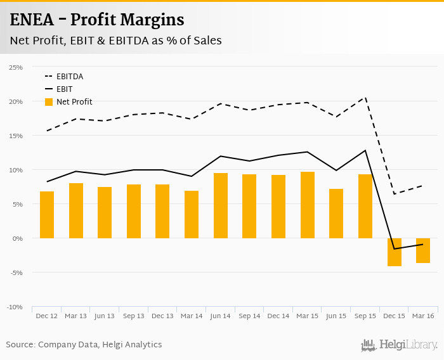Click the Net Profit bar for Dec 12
[x=47, y=215]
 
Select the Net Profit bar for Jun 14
[x=221, y=206]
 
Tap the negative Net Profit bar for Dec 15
[x=395, y=252]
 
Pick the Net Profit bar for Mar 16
[x=423, y=250]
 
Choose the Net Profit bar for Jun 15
[x=336, y=214]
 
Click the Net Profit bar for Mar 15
[x=308, y=205]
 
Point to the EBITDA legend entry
[x=70, y=77]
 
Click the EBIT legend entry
[x=64, y=89]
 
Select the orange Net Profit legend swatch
[x=49, y=102]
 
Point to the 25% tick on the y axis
[x=16, y=67]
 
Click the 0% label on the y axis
[x=18, y=238]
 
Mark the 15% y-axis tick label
[x=16, y=136]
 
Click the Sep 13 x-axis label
[x=134, y=316]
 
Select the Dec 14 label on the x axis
[x=278, y=316]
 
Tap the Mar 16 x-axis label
[x=423, y=316]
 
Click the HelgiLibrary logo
[x=399, y=345]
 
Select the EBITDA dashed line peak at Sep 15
[x=365, y=97]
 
